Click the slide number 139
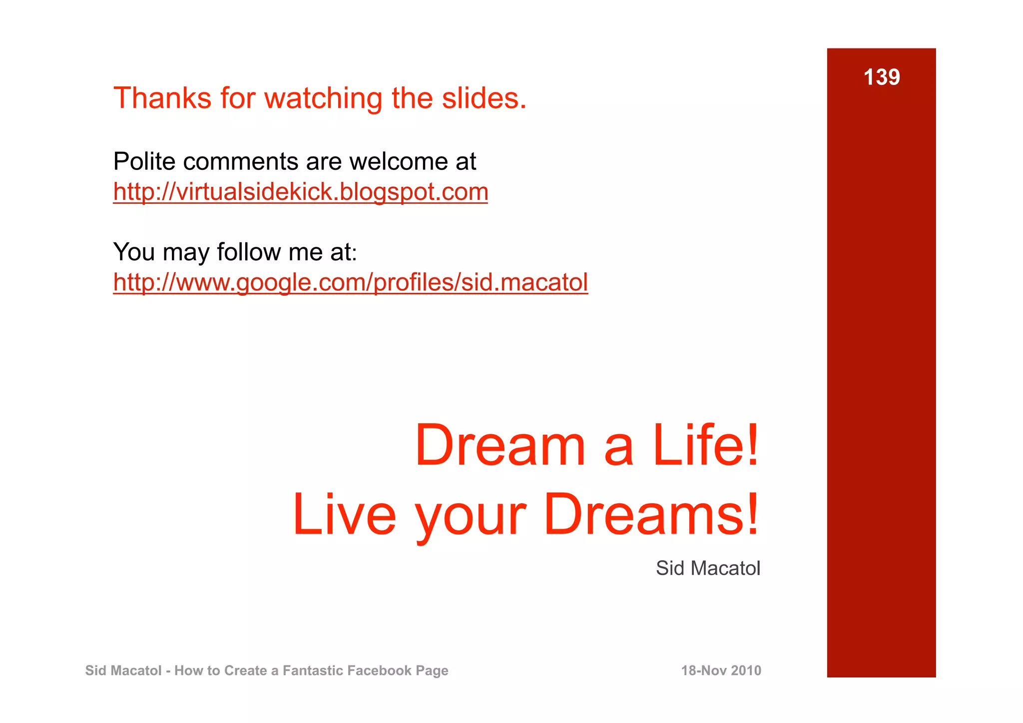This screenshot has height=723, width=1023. (x=882, y=77)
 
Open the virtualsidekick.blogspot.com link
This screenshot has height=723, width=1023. (x=300, y=192)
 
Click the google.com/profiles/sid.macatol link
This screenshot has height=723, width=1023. (x=350, y=282)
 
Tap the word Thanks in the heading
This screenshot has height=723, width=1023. (x=162, y=98)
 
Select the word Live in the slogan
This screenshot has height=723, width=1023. (x=344, y=515)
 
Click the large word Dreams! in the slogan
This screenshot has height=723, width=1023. (x=651, y=515)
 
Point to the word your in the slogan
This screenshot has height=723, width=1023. (x=471, y=517)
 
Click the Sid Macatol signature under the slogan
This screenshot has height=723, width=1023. (x=708, y=568)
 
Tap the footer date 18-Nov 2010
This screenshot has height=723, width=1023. (x=721, y=671)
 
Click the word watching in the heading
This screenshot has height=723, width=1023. (x=323, y=98)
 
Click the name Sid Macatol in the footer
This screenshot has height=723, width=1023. (x=123, y=671)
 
